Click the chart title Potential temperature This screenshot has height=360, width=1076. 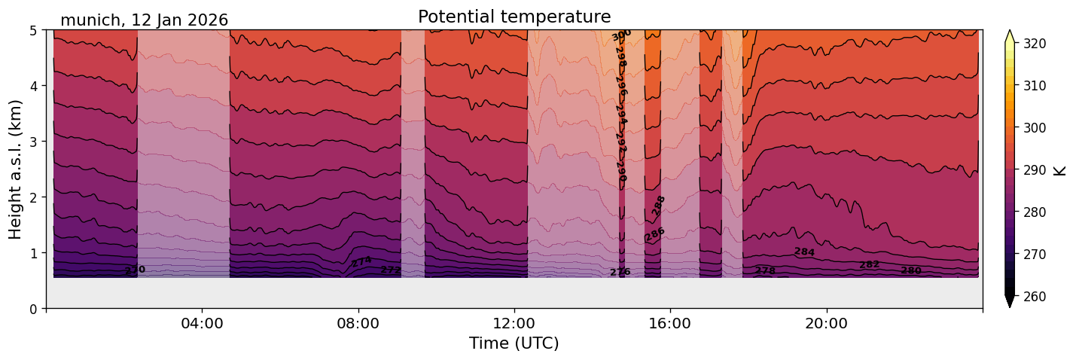click(514, 17)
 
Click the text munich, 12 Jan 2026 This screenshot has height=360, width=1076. click(144, 20)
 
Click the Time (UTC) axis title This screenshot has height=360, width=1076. click(514, 344)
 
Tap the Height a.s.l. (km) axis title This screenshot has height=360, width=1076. click(16, 169)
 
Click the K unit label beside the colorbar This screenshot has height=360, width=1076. click(1060, 170)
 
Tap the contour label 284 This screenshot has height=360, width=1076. click(804, 252)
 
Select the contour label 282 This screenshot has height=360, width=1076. click(869, 264)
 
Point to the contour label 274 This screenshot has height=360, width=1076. click(361, 261)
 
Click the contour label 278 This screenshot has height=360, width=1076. click(765, 270)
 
